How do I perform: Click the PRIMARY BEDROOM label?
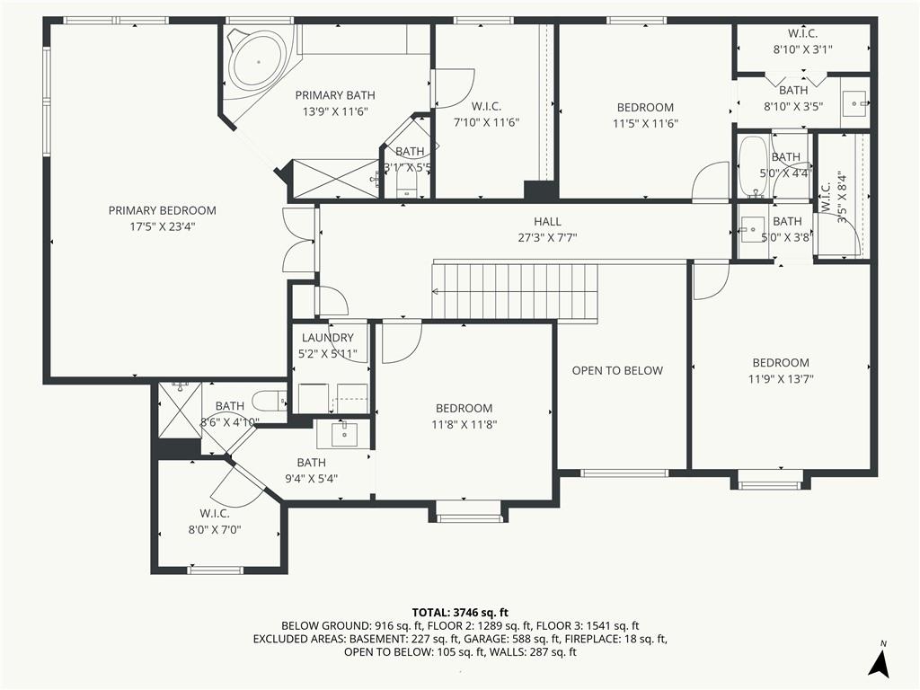tap(162, 210)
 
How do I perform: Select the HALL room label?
tap(547, 222)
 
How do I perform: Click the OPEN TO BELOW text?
tap(617, 371)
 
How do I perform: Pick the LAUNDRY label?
tap(327, 338)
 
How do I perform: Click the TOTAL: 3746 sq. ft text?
tap(460, 614)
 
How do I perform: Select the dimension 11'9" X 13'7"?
tap(781, 379)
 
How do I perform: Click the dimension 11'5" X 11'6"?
tap(645, 124)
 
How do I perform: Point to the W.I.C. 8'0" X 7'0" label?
tap(215, 522)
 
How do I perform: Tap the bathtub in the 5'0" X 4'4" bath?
tap(753, 166)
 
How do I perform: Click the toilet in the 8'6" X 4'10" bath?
tap(270, 402)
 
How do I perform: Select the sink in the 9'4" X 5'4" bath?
tap(342, 434)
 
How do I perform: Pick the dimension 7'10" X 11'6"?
tap(486, 122)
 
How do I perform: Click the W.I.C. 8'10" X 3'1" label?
tap(802, 41)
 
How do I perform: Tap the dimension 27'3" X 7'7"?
tap(547, 238)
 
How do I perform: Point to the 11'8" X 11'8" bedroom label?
tap(464, 417)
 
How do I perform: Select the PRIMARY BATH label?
tap(335, 95)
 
